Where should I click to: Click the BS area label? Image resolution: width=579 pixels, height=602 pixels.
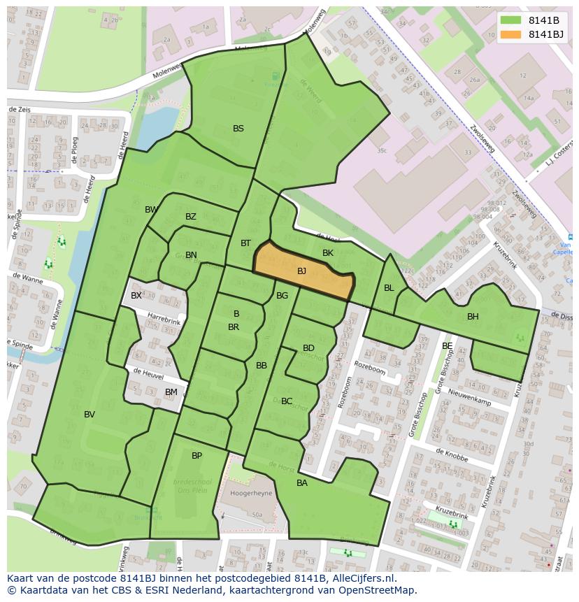tap(238, 129)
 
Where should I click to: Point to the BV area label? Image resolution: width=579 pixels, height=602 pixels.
tap(90, 415)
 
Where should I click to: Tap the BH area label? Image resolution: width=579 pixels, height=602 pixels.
tap(473, 317)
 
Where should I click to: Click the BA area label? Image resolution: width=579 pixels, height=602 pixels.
tap(302, 483)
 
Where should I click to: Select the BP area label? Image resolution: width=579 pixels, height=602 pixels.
tap(196, 456)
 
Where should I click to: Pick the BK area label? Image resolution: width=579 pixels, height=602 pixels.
tap(328, 253)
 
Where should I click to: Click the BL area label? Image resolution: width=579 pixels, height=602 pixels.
tap(389, 288)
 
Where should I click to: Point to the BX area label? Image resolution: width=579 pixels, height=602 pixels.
tap(136, 296)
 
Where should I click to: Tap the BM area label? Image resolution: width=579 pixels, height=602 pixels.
tap(171, 392)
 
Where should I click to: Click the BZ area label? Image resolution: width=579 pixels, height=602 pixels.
tap(191, 217)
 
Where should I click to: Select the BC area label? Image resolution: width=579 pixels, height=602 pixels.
tap(287, 401)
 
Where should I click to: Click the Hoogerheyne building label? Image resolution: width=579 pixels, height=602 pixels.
tap(250, 493)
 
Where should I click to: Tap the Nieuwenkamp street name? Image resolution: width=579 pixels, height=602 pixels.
tap(469, 397)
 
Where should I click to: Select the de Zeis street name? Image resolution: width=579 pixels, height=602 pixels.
tap(20, 110)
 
